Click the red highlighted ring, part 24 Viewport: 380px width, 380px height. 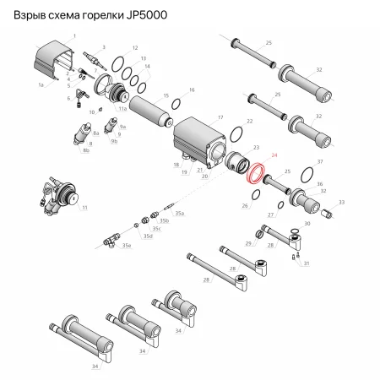(x=252, y=175)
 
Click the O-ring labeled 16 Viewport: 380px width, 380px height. (x=176, y=104)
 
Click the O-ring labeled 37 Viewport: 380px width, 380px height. (x=307, y=178)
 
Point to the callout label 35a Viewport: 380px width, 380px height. (x=179, y=214)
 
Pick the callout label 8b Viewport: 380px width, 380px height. (x=84, y=150)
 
